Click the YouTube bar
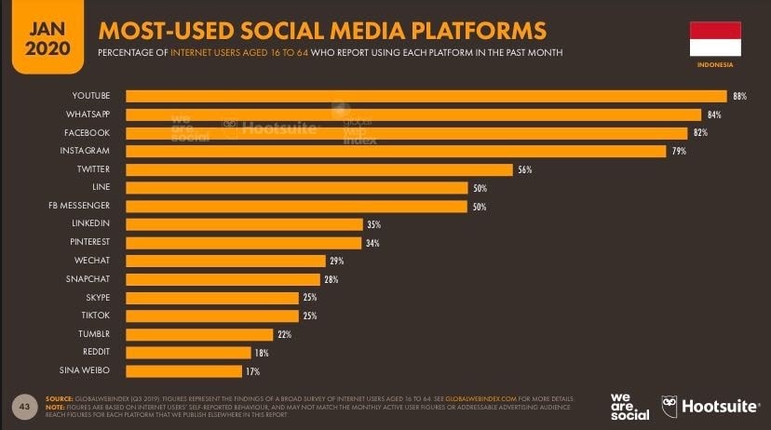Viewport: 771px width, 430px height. pyautogui.click(x=426, y=96)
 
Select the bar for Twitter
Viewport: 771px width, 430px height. pyautogui.click(x=319, y=169)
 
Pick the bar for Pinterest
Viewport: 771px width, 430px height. pyautogui.click(x=243, y=243)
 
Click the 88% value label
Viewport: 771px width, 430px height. pyautogui.click(x=739, y=96)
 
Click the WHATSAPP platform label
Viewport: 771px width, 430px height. pyautogui.click(x=90, y=114)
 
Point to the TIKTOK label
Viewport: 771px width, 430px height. pyautogui.click(x=96, y=316)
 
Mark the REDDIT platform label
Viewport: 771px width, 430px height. pyautogui.click(x=96, y=353)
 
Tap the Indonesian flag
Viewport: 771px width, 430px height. pyautogui.click(x=714, y=38)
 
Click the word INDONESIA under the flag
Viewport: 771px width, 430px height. pyautogui.click(x=715, y=66)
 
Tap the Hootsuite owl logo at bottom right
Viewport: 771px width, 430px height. pyautogui.click(x=670, y=406)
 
